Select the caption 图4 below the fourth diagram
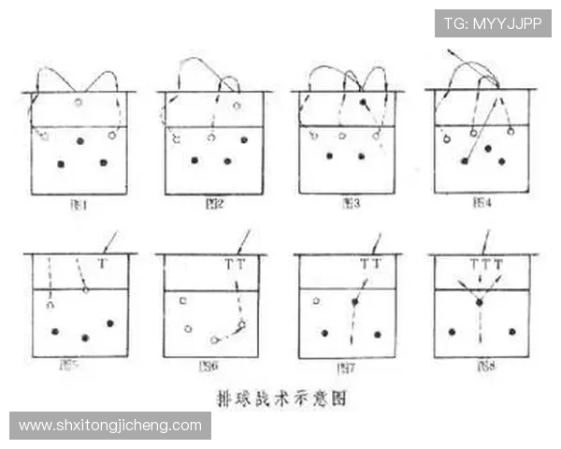coord(482,203)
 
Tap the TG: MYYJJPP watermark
coord(493,23)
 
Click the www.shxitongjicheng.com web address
coord(110,426)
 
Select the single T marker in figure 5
coord(102,265)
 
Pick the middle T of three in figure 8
coord(485,265)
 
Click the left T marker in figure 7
coord(365,265)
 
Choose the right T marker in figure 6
coord(241,265)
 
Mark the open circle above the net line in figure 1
coord(79,102)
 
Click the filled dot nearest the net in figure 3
coord(363,101)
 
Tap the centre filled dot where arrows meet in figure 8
coord(479,302)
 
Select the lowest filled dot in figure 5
coord(85,338)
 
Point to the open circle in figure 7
coord(316,301)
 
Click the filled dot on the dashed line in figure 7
coord(354,302)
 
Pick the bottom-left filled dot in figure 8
coord(452,332)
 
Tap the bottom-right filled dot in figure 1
coord(103,162)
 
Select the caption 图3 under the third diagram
coord(349,203)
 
